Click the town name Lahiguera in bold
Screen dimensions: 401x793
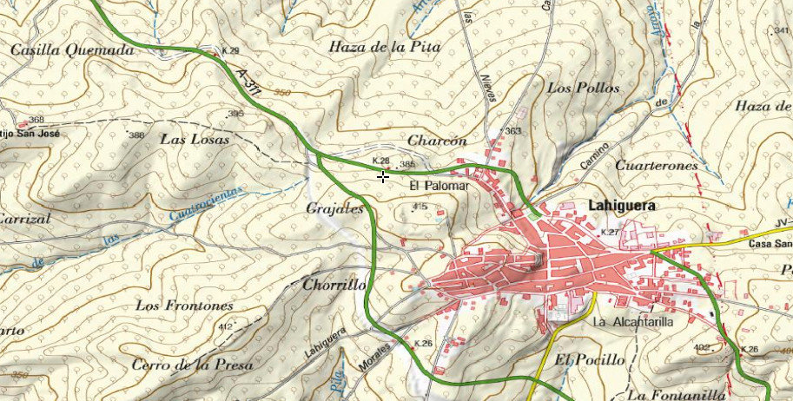click(622, 206)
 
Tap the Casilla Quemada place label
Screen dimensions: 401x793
click(72, 50)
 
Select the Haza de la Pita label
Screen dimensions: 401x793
click(385, 47)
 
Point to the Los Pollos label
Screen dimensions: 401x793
click(584, 88)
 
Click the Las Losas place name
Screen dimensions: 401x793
click(195, 139)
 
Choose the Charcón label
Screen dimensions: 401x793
click(437, 141)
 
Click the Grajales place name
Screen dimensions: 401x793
click(334, 209)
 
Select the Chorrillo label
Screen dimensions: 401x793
click(334, 285)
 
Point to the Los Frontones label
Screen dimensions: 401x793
click(185, 306)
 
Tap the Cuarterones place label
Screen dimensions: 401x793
click(656, 165)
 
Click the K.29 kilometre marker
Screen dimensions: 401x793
click(230, 52)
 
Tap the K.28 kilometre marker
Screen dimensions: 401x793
click(380, 161)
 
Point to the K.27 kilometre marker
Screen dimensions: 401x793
click(610, 233)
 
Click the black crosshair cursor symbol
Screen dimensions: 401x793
click(383, 177)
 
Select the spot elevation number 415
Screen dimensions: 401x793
click(420, 207)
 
